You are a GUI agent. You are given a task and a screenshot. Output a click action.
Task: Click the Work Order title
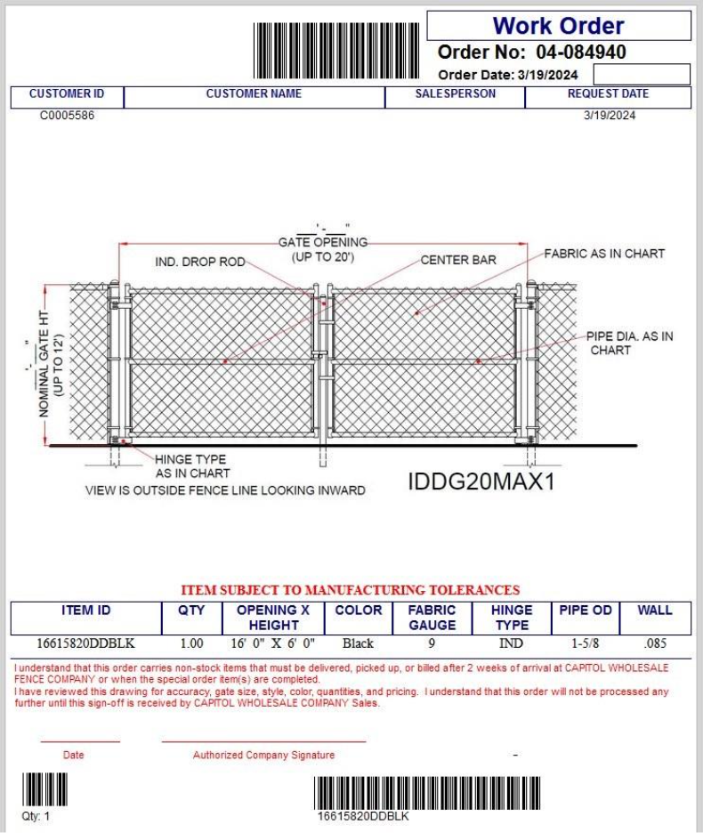pos(559,26)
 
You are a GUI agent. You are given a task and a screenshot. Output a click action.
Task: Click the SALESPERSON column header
pos(456,93)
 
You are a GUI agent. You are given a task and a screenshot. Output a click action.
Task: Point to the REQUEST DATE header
pos(609,93)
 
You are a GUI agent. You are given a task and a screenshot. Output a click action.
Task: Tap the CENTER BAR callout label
pos(458,261)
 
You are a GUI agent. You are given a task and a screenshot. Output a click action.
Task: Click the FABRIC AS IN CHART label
pos(604,254)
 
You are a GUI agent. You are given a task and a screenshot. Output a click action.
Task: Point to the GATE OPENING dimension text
pos(323,242)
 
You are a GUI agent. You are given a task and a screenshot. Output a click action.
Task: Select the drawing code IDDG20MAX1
pos(481,481)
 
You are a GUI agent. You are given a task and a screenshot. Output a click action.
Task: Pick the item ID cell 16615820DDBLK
pos(86,643)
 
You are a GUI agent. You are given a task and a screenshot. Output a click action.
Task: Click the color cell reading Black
pos(359,643)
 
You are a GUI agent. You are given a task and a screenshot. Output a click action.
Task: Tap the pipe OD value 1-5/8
pos(585,643)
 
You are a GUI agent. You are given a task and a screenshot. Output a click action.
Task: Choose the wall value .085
pos(654,643)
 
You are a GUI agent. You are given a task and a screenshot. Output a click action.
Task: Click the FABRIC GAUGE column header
pos(432,618)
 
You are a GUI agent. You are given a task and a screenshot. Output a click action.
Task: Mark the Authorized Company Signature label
pos(263,756)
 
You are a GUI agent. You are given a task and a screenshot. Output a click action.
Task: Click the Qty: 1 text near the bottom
pos(36,816)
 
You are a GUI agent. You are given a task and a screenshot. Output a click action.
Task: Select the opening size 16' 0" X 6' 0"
pos(273,643)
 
